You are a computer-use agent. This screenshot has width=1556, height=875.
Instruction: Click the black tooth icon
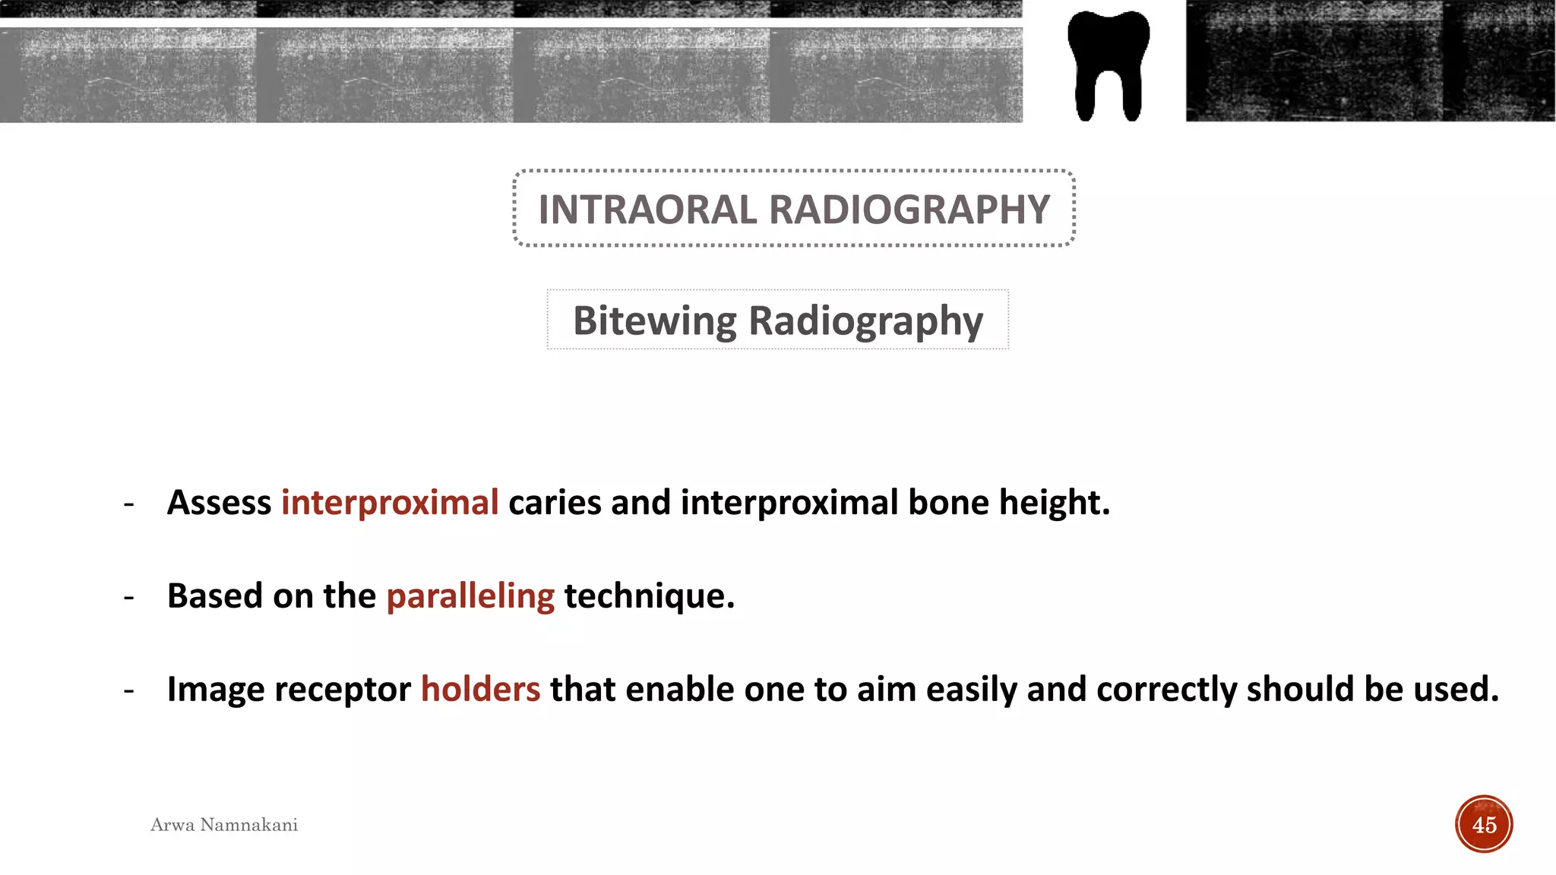click(1108, 65)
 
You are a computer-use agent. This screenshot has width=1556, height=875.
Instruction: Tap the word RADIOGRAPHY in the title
click(909, 210)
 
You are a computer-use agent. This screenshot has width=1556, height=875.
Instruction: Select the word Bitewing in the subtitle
click(654, 321)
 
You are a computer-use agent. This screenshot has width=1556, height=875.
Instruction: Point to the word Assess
click(219, 503)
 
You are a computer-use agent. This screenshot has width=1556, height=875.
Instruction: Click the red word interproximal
click(390, 503)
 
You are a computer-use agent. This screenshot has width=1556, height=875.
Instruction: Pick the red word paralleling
click(470, 596)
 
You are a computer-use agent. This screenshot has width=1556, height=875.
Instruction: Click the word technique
click(649, 596)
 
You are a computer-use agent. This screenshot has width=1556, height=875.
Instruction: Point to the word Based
click(215, 596)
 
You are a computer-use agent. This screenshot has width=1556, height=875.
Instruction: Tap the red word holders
click(480, 690)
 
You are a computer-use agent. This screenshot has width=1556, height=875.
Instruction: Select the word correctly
click(1166, 690)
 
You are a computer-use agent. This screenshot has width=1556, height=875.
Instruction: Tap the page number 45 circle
click(1484, 824)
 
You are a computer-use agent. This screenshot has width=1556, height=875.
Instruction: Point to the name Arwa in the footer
click(172, 825)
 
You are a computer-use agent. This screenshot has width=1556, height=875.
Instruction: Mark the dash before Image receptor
click(129, 690)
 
